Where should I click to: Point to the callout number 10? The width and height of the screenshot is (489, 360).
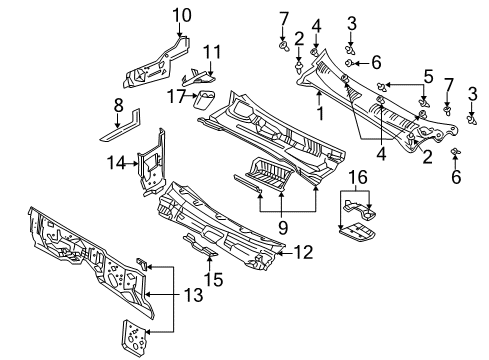point(181,14)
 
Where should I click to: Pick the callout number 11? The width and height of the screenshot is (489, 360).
point(211,51)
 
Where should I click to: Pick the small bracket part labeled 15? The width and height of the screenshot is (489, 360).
point(196,243)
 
